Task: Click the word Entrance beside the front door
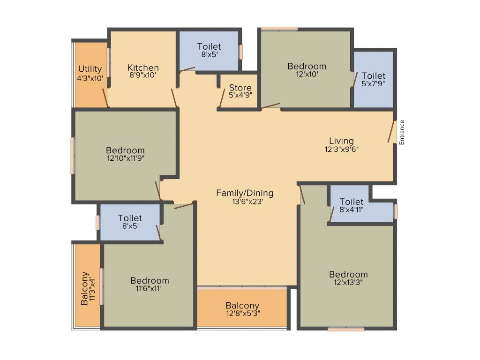click(x=402, y=132)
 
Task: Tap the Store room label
click(x=240, y=88)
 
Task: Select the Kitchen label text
click(x=143, y=68)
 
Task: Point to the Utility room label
click(x=90, y=69)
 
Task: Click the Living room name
click(x=341, y=141)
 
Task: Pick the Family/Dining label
click(x=245, y=193)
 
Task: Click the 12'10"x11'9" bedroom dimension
click(x=125, y=158)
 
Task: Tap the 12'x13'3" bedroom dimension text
click(x=348, y=282)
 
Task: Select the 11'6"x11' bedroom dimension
click(x=150, y=289)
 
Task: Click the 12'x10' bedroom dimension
click(x=307, y=74)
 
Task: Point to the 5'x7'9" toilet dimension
click(x=374, y=83)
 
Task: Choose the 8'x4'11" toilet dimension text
click(x=352, y=210)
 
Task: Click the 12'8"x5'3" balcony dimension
click(x=242, y=314)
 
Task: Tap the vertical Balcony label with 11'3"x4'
click(x=85, y=288)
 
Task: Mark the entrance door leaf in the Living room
click(x=390, y=132)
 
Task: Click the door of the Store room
click(x=222, y=97)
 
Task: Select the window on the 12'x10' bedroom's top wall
click(x=279, y=29)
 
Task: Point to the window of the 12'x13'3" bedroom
click(x=346, y=329)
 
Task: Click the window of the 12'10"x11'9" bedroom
click(x=73, y=155)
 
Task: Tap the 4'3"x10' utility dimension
click(x=90, y=78)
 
